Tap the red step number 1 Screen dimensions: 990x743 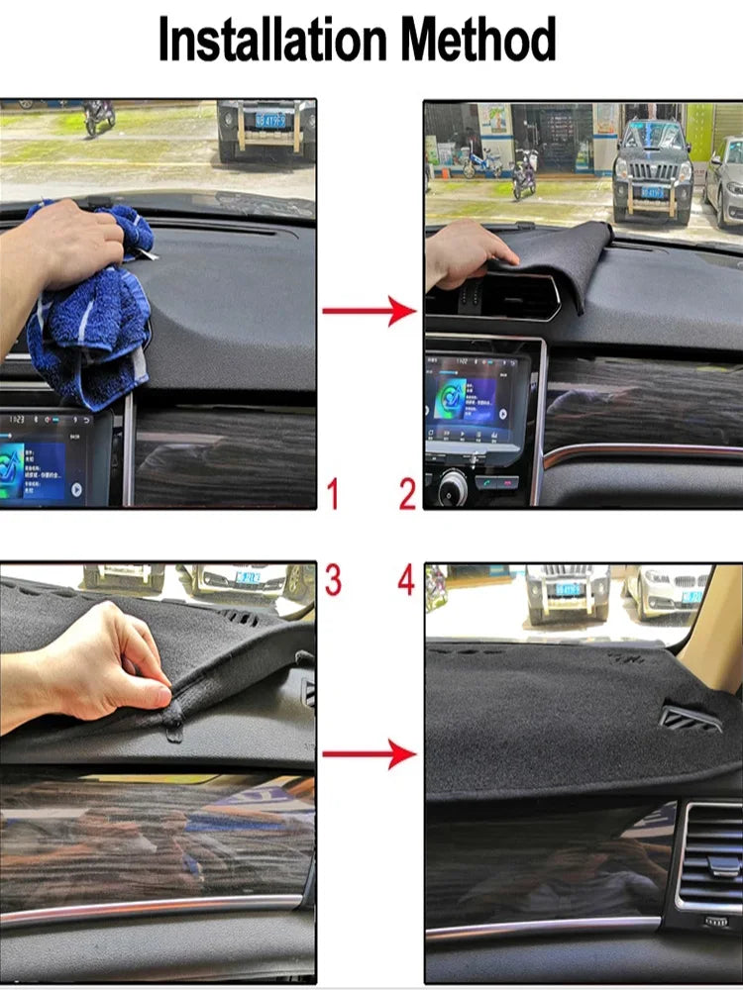point(332,493)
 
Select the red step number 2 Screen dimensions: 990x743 point(407,493)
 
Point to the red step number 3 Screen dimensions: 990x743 point(332,580)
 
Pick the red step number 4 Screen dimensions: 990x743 point(407,580)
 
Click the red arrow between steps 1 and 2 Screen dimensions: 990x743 point(370,312)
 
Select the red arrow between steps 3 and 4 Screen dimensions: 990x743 point(370,755)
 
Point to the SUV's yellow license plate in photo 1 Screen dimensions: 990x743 point(270,120)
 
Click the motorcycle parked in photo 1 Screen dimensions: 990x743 point(98,116)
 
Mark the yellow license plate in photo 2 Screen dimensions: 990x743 point(651,191)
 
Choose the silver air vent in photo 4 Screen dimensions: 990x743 point(709,861)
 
